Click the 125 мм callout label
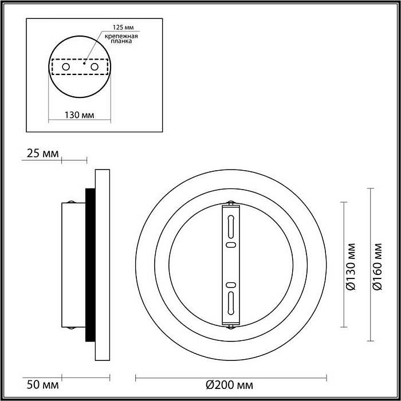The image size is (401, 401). (x=123, y=27)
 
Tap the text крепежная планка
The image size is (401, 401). (x=121, y=38)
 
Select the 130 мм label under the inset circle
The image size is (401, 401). (x=79, y=115)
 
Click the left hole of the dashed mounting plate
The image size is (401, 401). (x=66, y=67)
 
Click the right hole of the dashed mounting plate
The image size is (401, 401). (x=95, y=67)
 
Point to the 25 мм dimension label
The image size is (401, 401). (x=43, y=154)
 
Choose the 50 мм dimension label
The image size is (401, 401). (x=43, y=385)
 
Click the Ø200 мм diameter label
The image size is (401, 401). (x=230, y=385)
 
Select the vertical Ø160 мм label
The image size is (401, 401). (x=378, y=266)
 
